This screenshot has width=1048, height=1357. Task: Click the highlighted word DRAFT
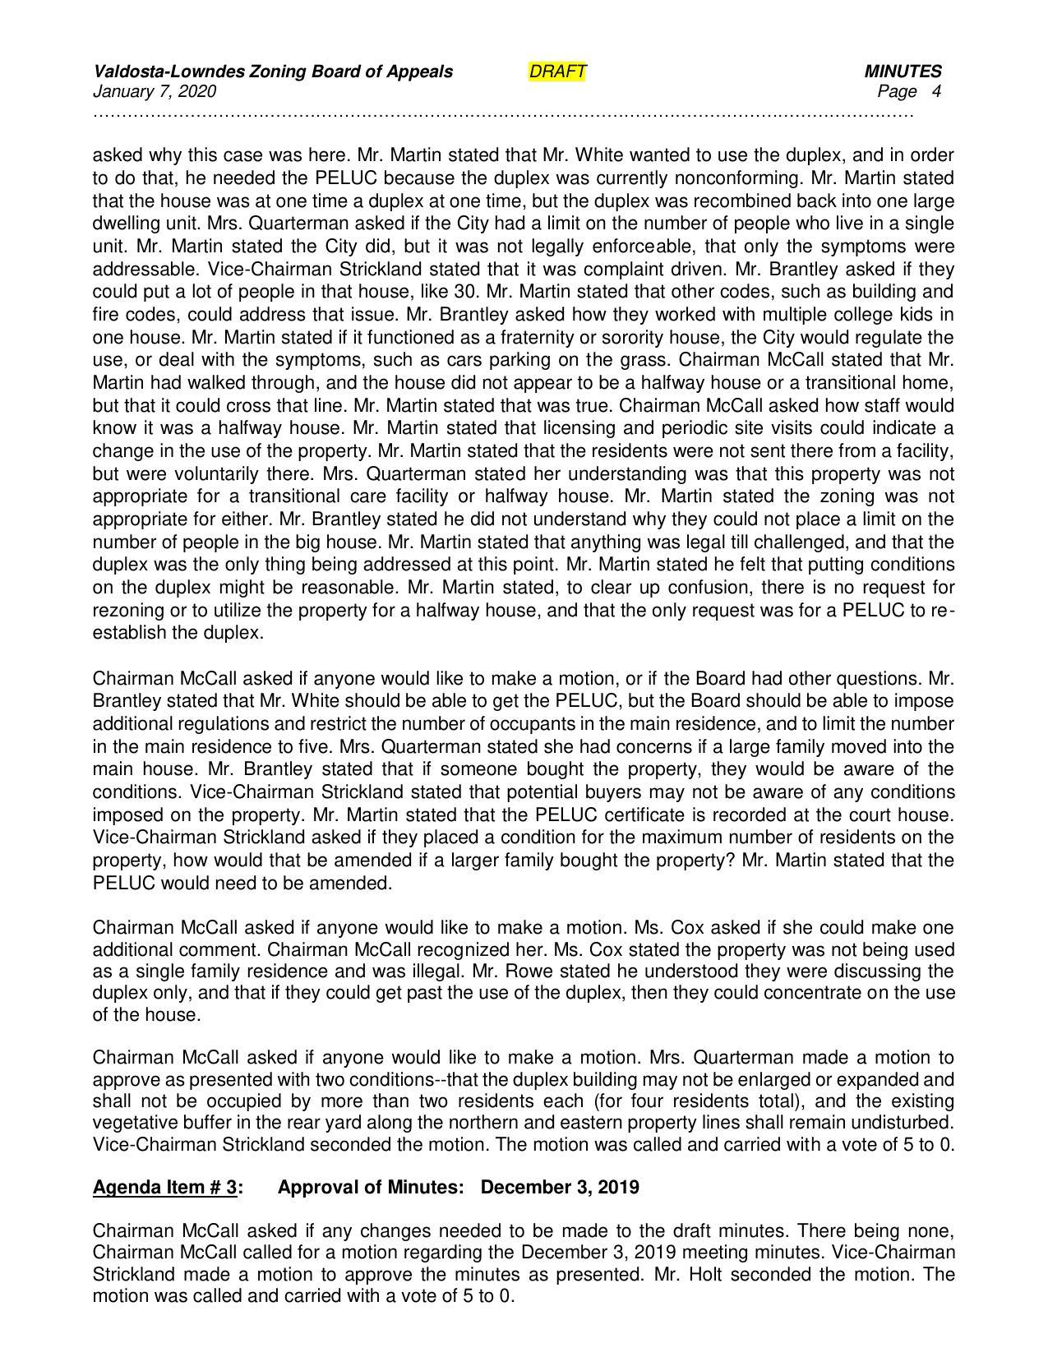(x=557, y=72)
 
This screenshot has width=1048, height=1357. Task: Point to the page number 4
(x=936, y=91)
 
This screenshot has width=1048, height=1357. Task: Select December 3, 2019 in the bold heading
(x=560, y=1188)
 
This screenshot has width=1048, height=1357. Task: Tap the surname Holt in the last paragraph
(x=716, y=1275)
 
